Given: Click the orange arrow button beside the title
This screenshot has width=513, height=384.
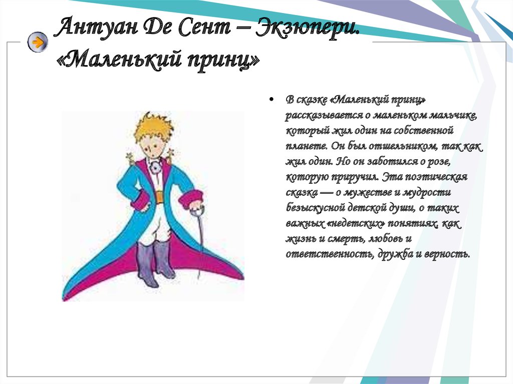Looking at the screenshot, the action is point(38,42).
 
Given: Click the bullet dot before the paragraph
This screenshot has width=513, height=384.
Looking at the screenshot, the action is point(271,99).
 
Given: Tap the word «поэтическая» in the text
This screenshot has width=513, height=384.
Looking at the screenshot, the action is point(436,177).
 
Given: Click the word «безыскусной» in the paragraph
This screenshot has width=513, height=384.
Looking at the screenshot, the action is point(316,208).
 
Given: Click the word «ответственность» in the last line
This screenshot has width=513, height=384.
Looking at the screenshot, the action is point(329,254).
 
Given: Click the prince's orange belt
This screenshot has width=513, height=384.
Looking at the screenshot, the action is point(159,197).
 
